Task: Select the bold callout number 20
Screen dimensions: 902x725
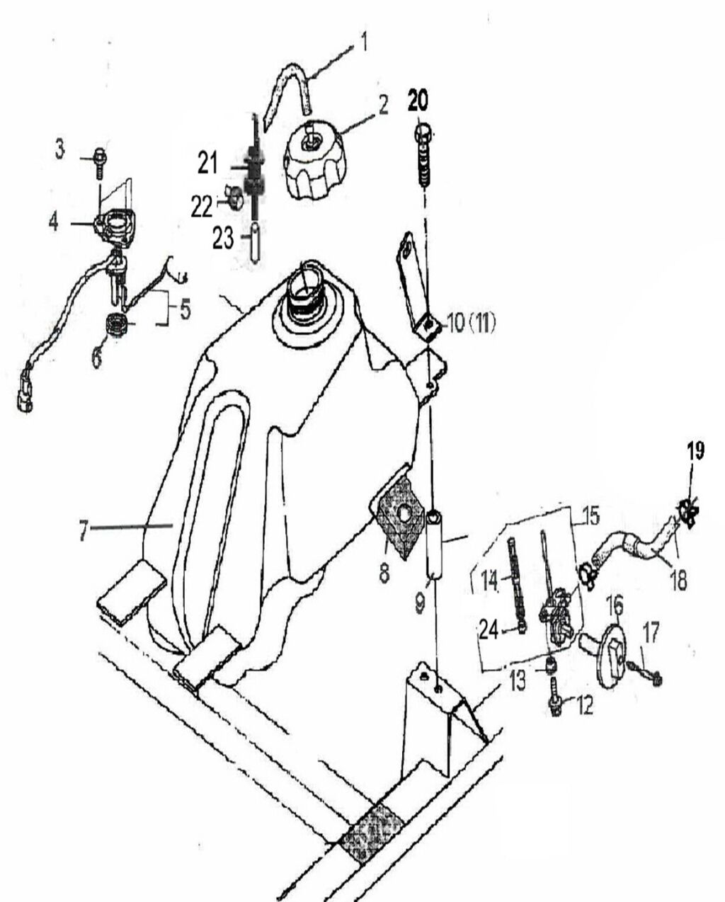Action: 418,101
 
